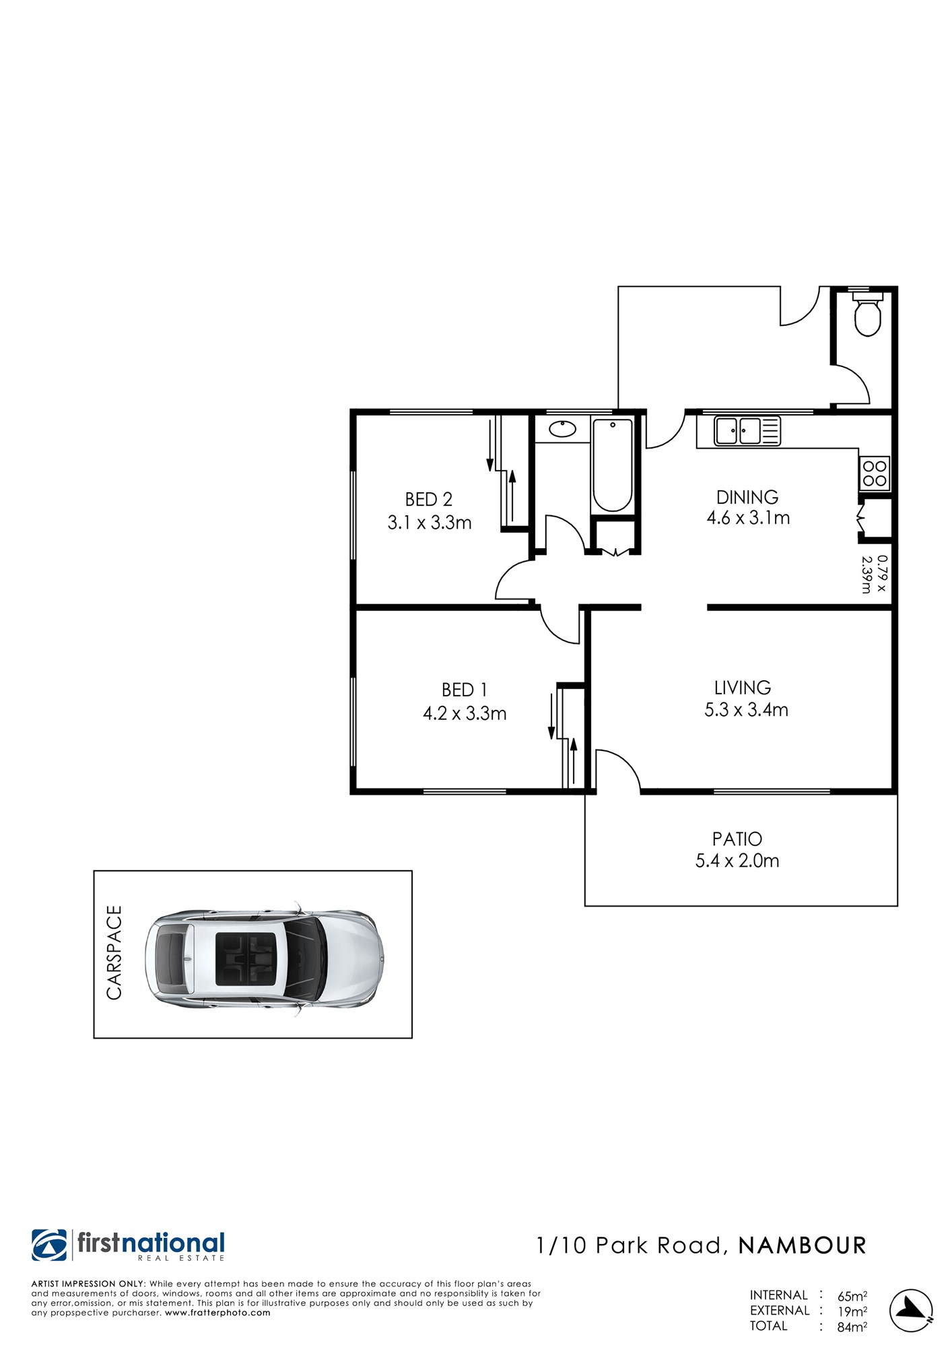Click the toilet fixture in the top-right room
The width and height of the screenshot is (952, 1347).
(867, 314)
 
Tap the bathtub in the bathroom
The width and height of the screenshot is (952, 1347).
(612, 465)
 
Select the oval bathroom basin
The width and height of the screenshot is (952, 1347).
(562, 428)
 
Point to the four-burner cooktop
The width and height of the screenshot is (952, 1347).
(875, 473)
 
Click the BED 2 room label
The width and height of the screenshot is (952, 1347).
(429, 499)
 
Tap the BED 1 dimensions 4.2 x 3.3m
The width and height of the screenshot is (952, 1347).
(465, 713)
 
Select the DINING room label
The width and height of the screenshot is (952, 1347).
(747, 497)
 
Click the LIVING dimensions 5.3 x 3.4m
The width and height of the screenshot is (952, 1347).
(746, 710)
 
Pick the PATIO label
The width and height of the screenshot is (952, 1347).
(737, 839)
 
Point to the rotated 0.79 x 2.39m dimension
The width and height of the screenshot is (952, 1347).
(875, 574)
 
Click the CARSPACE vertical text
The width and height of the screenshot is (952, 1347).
(114, 952)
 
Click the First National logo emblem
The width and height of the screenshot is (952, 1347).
(49, 1245)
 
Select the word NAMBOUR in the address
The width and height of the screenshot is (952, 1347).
(802, 1246)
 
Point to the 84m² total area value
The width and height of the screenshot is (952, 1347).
(852, 1327)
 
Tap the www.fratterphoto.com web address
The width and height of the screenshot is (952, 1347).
(217, 1313)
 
